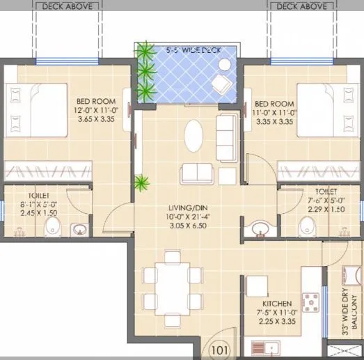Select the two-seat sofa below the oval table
[x=195, y=172]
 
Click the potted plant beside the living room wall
[x=141, y=184]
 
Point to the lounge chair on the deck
[x=221, y=81]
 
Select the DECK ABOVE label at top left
[x=67, y=6]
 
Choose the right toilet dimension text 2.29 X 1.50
[x=325, y=209]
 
